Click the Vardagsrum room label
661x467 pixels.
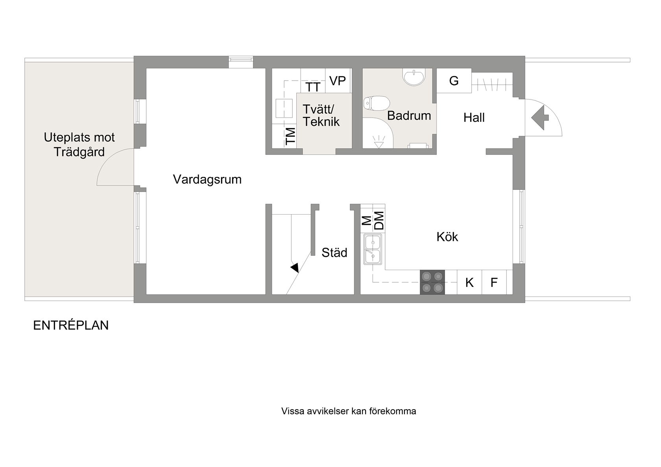(x=207, y=180)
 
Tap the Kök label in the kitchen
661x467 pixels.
(x=447, y=237)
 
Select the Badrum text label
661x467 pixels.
(x=409, y=116)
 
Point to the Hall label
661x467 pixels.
(x=474, y=118)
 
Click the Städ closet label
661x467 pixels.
(x=334, y=252)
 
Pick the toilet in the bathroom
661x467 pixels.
(x=377, y=103)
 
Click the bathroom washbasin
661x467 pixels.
(x=414, y=77)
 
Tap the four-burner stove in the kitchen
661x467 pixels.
(x=432, y=282)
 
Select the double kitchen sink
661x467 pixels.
(x=373, y=249)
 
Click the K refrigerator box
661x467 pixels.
(x=469, y=282)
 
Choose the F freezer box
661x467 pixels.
(x=494, y=282)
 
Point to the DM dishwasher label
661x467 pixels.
(x=379, y=221)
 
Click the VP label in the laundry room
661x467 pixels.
(x=338, y=81)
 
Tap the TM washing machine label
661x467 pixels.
(x=291, y=136)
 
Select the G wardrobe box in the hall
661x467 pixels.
(x=454, y=81)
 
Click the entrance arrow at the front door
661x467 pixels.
(x=540, y=118)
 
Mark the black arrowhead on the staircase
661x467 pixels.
(x=294, y=268)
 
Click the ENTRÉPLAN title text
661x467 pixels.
(x=71, y=325)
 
